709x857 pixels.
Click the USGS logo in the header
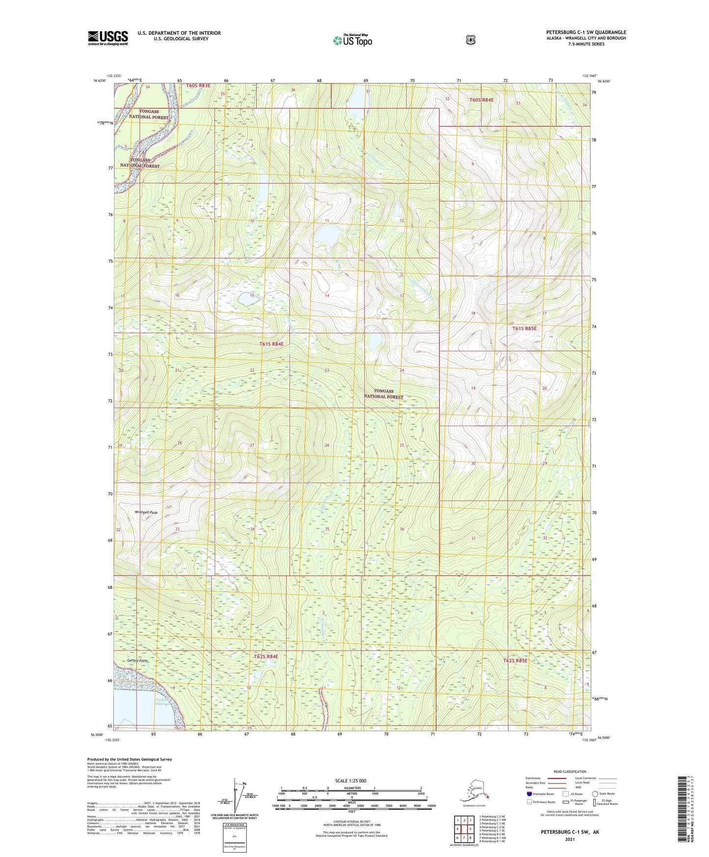pos(108,38)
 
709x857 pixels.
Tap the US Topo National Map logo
pos(352,40)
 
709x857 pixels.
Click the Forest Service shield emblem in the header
pos(471,40)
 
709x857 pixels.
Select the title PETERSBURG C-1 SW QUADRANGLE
pos(586,32)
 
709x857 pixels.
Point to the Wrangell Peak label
pos(146,512)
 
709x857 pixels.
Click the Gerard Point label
pos(137,661)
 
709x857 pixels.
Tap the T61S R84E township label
pos(271,344)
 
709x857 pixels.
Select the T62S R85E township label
pos(515,661)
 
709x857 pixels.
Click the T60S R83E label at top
pos(198,86)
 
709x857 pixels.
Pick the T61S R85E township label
pos(525,328)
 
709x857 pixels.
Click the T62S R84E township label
pos(266,656)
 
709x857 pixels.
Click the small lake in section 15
pos(246,299)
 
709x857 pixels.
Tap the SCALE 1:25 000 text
pos(350,780)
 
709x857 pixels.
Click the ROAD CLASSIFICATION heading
pos(569,772)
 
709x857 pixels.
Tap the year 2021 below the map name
pos(569,839)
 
